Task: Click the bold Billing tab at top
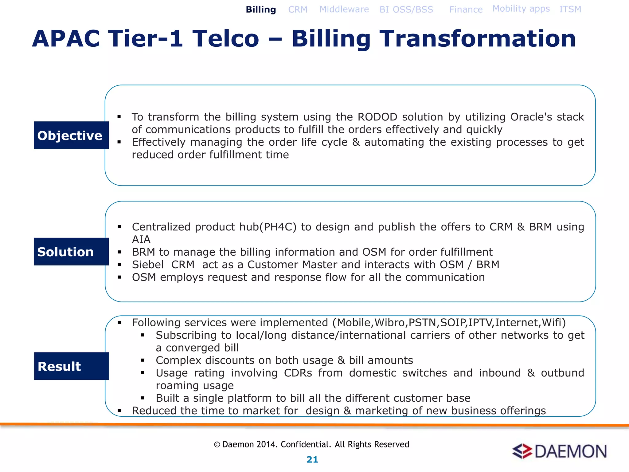click(261, 10)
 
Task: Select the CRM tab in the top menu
click(298, 10)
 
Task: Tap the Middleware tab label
click(344, 9)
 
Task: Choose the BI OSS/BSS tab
click(406, 10)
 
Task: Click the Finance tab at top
click(466, 10)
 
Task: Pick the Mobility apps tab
click(521, 9)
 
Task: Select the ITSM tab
click(570, 9)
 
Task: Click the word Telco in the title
click(225, 39)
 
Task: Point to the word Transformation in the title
click(477, 39)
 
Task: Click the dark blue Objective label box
click(71, 135)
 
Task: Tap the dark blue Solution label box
click(71, 252)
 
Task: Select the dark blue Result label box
click(71, 366)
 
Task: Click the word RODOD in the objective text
click(377, 117)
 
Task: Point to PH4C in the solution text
click(280, 227)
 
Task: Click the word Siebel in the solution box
click(148, 265)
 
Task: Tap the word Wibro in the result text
click(390, 323)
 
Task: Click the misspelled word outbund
click(562, 373)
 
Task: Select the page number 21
click(312, 459)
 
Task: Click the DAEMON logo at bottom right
click(559, 451)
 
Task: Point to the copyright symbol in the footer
click(217, 445)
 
